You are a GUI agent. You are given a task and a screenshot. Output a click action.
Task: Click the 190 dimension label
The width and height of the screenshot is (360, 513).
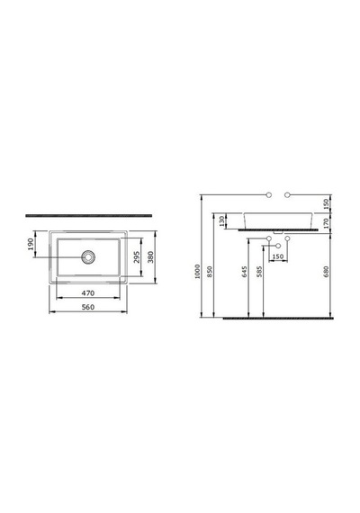point(31,244)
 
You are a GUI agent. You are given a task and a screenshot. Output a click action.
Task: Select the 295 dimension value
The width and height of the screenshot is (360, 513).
point(137,256)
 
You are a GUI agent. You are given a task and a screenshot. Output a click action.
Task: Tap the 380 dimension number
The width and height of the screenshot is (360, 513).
point(150,256)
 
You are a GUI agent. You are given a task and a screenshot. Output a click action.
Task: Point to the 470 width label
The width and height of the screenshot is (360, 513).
point(88,293)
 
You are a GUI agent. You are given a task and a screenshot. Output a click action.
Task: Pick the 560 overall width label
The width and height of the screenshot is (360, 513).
point(88,307)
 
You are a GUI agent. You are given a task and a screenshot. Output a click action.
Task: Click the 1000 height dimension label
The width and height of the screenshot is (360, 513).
point(197,272)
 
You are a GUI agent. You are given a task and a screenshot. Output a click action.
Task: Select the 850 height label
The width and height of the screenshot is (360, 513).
point(210,272)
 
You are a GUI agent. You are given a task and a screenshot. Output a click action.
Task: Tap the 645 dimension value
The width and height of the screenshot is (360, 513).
point(245,272)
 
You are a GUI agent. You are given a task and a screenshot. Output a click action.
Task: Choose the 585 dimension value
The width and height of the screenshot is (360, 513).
point(259,272)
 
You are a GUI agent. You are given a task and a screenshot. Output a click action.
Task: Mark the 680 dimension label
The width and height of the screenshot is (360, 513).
point(326,272)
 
